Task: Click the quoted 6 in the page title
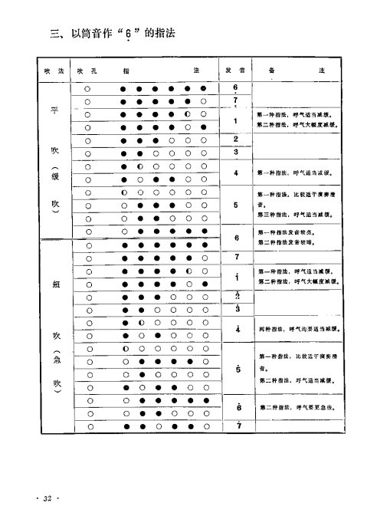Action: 130,34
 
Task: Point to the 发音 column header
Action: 235,71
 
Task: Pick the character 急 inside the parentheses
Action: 54,362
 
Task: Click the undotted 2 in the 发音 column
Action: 236,139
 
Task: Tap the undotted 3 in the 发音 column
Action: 236,153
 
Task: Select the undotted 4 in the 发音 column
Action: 236,173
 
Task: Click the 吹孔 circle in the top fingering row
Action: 89,88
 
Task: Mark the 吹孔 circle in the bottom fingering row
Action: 89,427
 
